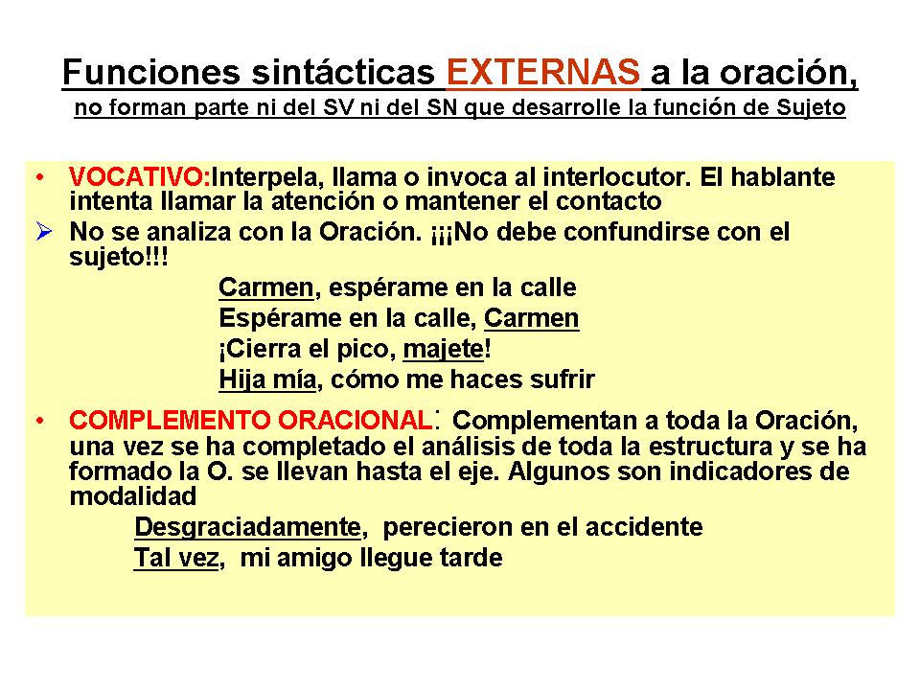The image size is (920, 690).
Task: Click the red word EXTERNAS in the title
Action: pyautogui.click(x=542, y=72)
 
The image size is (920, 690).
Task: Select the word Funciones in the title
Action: pyautogui.click(x=151, y=72)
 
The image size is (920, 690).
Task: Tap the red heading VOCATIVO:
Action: pyautogui.click(x=140, y=176)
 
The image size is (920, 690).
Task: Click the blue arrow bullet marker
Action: pyautogui.click(x=44, y=231)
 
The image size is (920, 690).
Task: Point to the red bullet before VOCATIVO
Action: pyautogui.click(x=40, y=177)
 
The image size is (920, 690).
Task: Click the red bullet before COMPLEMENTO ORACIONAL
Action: pyautogui.click(x=40, y=421)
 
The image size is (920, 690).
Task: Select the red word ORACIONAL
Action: pyautogui.click(x=355, y=420)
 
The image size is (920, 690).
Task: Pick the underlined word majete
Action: pyautogui.click(x=444, y=349)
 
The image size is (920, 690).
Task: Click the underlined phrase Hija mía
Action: pyautogui.click(x=267, y=379)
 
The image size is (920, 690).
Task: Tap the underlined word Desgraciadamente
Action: pyautogui.click(x=247, y=527)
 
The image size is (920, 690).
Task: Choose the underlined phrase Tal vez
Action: pyautogui.click(x=176, y=558)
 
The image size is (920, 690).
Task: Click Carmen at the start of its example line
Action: pyautogui.click(x=266, y=287)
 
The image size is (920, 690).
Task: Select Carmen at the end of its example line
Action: pyautogui.click(x=532, y=318)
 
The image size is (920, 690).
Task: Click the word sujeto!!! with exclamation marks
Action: pyautogui.click(x=119, y=257)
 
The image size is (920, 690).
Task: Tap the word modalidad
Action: pyautogui.click(x=132, y=496)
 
